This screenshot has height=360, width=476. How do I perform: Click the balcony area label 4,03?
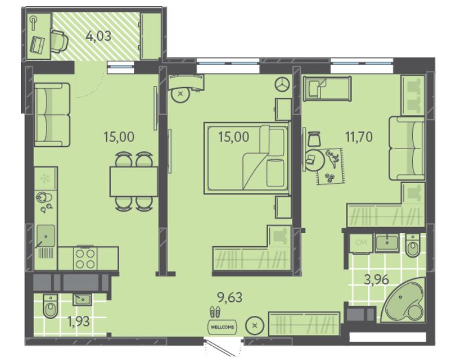pos(98,36)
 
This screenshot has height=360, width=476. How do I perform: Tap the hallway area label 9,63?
pos(230,297)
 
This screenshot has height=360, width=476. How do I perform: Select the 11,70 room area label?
pos(359,137)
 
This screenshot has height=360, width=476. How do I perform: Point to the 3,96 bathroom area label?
pos(377,280)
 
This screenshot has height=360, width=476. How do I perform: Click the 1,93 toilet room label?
pos(79,321)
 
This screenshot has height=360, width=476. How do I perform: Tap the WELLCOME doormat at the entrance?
pos(222,327)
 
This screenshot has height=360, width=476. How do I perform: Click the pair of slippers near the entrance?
pos(215,312)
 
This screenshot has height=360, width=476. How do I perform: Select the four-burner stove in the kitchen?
pos(85,258)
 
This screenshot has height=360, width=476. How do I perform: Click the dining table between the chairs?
pos(133,181)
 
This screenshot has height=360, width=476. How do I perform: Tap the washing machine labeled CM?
pos(361,243)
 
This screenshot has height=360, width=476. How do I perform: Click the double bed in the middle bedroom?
pos(247,158)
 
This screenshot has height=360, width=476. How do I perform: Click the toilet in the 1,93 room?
pos(50,306)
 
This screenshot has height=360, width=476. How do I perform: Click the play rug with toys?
pos(331,166)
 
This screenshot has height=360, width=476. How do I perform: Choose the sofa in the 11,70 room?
pos(407,148)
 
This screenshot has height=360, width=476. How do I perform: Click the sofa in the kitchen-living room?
pos(52,115)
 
